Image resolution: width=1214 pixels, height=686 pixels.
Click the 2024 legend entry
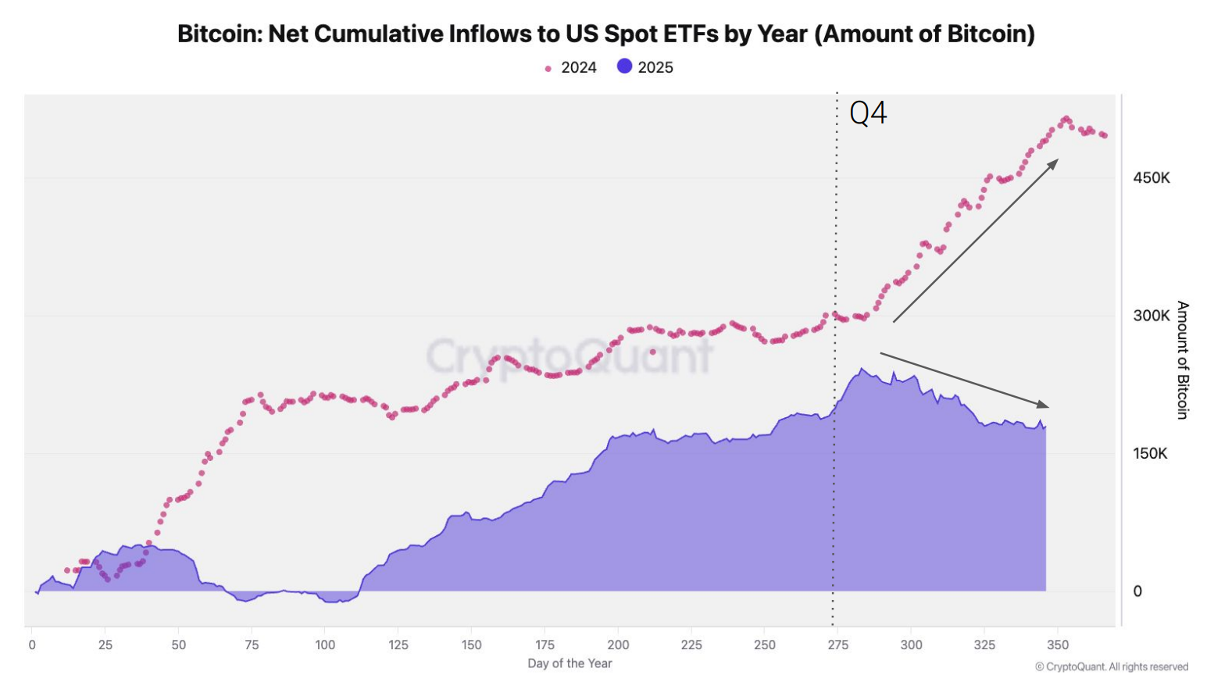pos(571,68)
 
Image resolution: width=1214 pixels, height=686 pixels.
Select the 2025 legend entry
pos(645,67)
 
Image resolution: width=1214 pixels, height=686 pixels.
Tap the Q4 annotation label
pos(868,113)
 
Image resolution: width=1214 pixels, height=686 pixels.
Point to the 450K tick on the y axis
pos(1152,178)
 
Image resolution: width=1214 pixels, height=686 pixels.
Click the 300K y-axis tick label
pos(1152,316)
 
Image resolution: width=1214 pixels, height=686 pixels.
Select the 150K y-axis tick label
pos(1150,454)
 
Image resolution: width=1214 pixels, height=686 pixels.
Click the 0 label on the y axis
pos(1137,591)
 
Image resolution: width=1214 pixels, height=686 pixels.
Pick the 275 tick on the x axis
pos(837,645)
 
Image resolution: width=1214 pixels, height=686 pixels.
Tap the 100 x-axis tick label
pos(325,645)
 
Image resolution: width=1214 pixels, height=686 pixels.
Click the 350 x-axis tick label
pos(1058,645)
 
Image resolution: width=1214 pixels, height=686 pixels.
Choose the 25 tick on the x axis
pos(105,645)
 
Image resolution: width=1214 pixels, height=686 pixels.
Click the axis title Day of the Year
pos(570,663)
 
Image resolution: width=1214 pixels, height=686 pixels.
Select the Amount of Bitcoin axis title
pos(1183,359)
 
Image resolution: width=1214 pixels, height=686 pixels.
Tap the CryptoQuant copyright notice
pos(1112,666)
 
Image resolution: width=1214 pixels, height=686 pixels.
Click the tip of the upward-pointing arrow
pos(1058,160)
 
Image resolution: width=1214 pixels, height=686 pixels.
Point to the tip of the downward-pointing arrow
pos(1048,406)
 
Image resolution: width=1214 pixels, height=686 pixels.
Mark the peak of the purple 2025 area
pos(862,369)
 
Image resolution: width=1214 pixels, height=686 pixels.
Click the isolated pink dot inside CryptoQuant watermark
pos(652,352)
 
